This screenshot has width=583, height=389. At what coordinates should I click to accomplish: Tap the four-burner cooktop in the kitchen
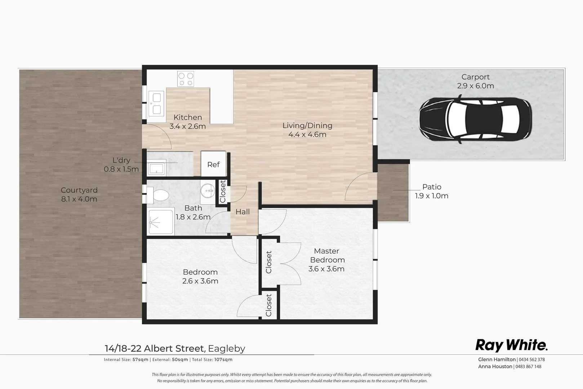point(186,79)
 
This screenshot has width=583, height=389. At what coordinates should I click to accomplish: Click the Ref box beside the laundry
point(213,164)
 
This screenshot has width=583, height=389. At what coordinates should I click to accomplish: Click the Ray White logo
point(511,345)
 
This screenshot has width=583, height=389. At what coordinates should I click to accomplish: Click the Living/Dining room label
point(307,126)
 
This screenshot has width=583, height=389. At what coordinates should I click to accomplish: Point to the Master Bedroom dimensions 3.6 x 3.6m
point(326,269)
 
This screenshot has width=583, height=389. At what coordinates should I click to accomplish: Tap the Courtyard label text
point(79,190)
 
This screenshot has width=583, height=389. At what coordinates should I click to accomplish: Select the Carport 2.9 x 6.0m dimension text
point(475,86)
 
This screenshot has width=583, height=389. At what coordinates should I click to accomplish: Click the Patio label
point(432,187)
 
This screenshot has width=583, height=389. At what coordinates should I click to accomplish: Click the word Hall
point(242,212)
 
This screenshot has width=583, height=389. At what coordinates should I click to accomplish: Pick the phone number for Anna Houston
point(528,366)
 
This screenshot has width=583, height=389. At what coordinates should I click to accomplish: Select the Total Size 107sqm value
point(224,359)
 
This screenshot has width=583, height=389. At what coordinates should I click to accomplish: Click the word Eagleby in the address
point(227,349)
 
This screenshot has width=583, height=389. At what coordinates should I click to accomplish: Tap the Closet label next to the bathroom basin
point(223,191)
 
